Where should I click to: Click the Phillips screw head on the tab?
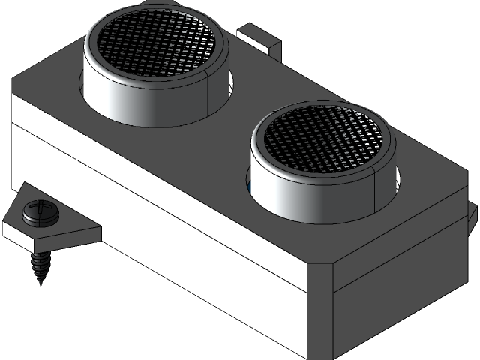[x=37, y=212]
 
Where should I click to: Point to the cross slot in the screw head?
[x=38, y=209]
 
